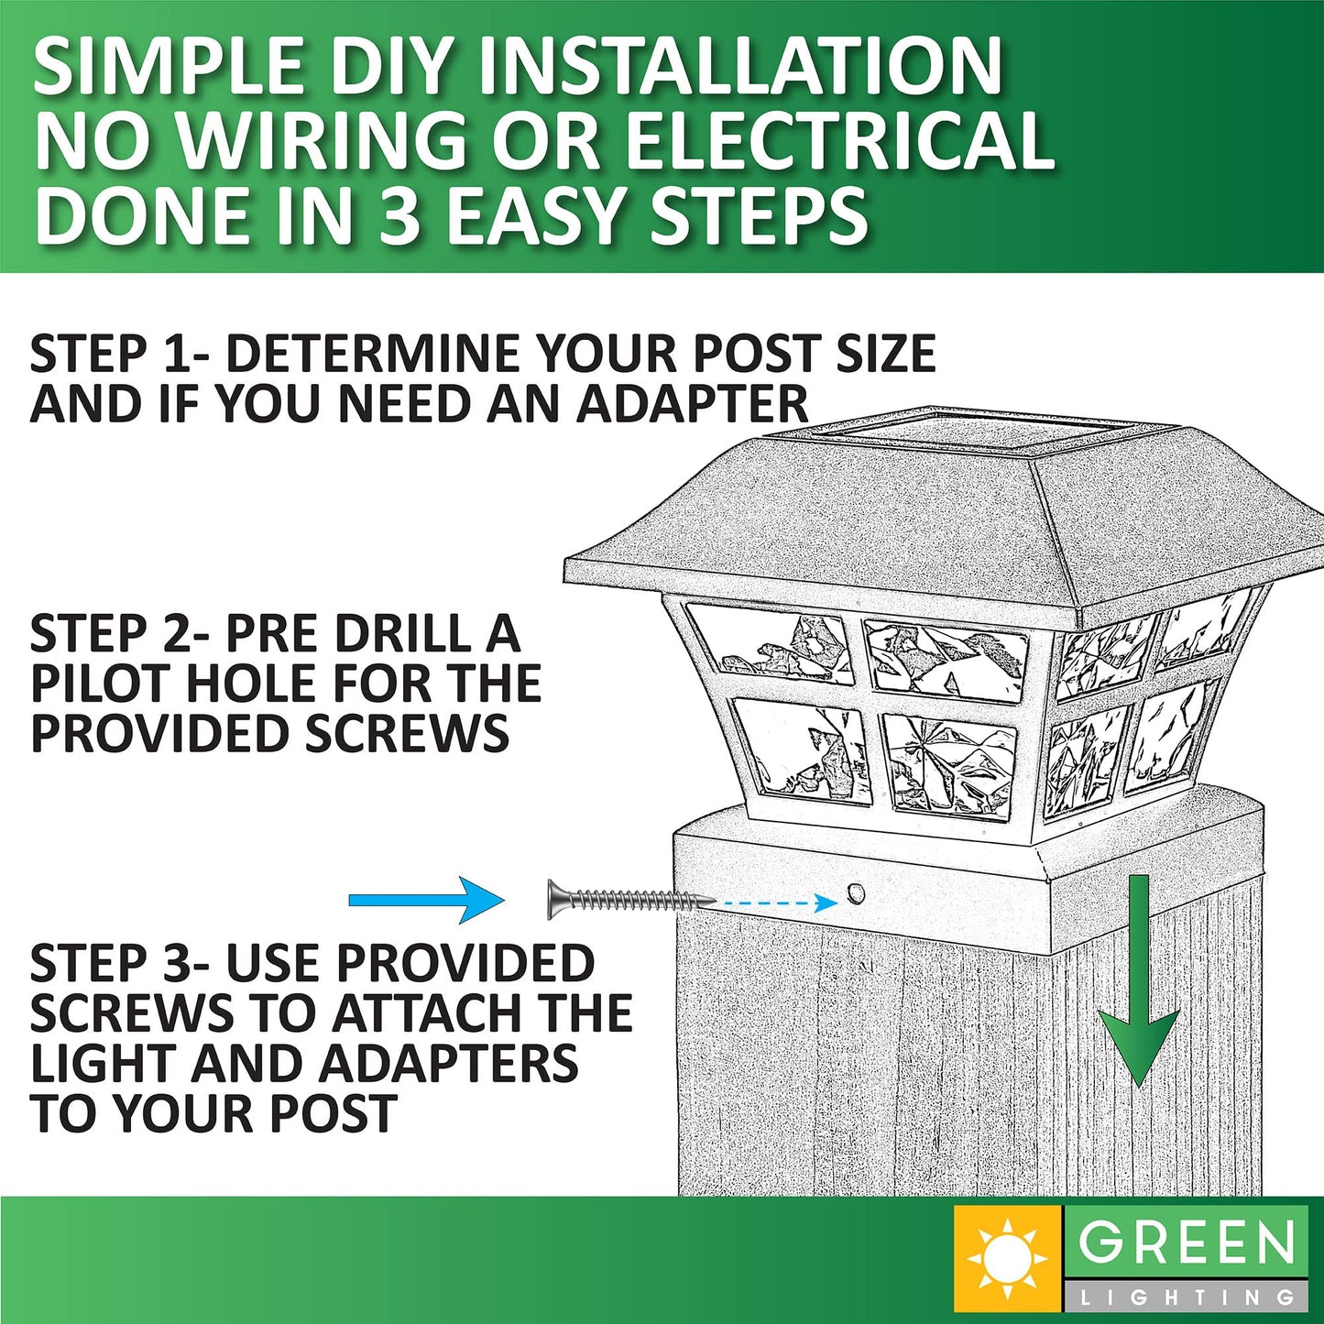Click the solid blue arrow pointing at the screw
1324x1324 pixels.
point(426,900)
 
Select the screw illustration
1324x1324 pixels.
point(630,900)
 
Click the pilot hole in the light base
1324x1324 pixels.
point(856,892)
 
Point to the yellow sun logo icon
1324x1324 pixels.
point(1008,1258)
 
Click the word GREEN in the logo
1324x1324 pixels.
point(1187,1244)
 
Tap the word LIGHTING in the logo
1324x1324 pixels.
point(1187,1297)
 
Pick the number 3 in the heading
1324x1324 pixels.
point(399,215)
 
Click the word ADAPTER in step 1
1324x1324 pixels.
point(693,404)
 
